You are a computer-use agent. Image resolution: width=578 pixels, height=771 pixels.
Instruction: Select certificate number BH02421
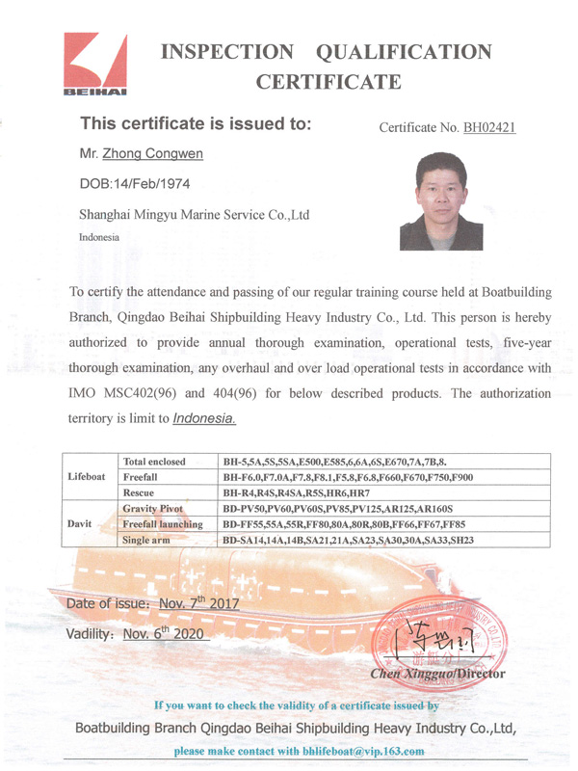pyautogui.click(x=489, y=127)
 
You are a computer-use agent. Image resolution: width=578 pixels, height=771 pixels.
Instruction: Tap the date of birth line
pyautogui.click(x=133, y=183)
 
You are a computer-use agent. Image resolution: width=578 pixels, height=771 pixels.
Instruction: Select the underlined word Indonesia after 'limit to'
pyautogui.click(x=204, y=419)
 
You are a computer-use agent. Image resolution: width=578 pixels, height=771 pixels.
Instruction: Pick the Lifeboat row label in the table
pyautogui.click(x=88, y=476)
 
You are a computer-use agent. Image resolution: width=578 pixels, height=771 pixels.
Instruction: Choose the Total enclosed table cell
pyautogui.click(x=155, y=461)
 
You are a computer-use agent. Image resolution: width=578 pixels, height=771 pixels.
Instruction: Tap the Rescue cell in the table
pyautogui.click(x=140, y=492)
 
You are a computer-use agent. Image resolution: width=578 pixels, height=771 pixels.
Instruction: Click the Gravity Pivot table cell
pyautogui.click(x=153, y=508)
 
